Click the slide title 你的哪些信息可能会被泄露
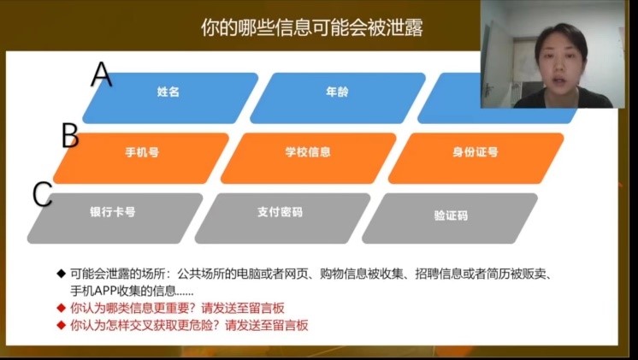point(312,27)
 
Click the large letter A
point(101,74)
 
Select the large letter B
point(70,135)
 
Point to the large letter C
point(42,194)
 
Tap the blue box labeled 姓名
point(170,98)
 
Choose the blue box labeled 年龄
point(338,98)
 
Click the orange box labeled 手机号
point(141,158)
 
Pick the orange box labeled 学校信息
point(309,158)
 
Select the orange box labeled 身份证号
point(476,158)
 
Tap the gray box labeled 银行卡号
point(115,218)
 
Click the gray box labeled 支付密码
point(282,218)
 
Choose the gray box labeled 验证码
point(450,218)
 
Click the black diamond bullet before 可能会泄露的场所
point(61,274)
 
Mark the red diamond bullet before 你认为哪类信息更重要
point(61,308)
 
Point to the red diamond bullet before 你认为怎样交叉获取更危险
point(61,325)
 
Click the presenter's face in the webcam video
point(560,62)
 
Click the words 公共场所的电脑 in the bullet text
point(219,274)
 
